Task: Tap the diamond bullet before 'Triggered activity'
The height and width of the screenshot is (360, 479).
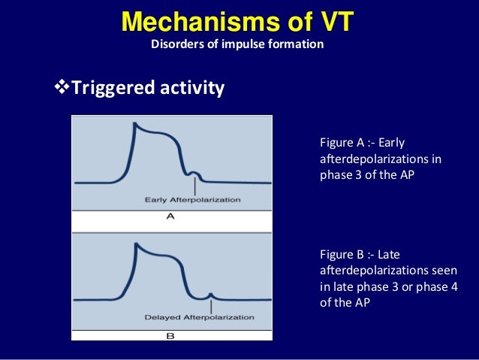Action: (x=62, y=89)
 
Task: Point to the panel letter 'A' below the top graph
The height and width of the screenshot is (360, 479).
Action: (x=170, y=216)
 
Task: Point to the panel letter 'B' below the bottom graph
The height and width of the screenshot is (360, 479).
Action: (x=170, y=335)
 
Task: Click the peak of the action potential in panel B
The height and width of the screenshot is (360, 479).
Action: (x=136, y=244)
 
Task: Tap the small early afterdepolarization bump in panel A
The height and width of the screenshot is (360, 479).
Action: (x=194, y=173)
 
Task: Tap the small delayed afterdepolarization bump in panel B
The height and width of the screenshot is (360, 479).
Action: (x=212, y=293)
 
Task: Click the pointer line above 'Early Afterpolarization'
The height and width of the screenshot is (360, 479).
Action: (x=194, y=186)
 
